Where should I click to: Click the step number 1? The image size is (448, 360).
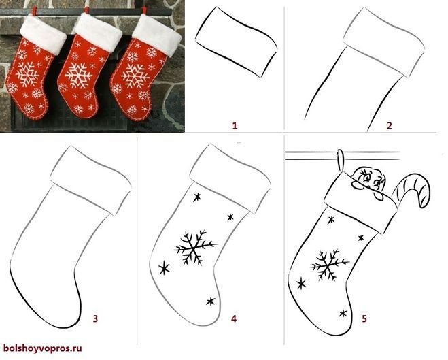pos(235,125)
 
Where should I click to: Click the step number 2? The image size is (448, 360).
pos(389,125)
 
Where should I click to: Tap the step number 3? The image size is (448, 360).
pos(95,318)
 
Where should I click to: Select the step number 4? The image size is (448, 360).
pos(234,318)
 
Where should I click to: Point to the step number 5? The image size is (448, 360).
pos(364,318)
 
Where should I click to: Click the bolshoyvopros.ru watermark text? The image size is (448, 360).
pos(43,348)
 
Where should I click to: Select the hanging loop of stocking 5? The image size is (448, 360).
pos(340,159)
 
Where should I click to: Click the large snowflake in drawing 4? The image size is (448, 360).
pos(194,248)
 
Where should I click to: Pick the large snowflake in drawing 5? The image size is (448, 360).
pos(328,265)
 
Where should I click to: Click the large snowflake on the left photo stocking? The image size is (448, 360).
pos(27,75)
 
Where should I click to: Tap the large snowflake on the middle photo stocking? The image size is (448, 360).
pos(78,76)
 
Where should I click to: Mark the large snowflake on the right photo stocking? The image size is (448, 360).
pos(135,76)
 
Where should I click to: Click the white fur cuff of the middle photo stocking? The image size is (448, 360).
pos(97,32)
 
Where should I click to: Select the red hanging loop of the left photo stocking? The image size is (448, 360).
pos(35,12)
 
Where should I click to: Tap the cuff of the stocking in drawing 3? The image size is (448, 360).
pos(90,180)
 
